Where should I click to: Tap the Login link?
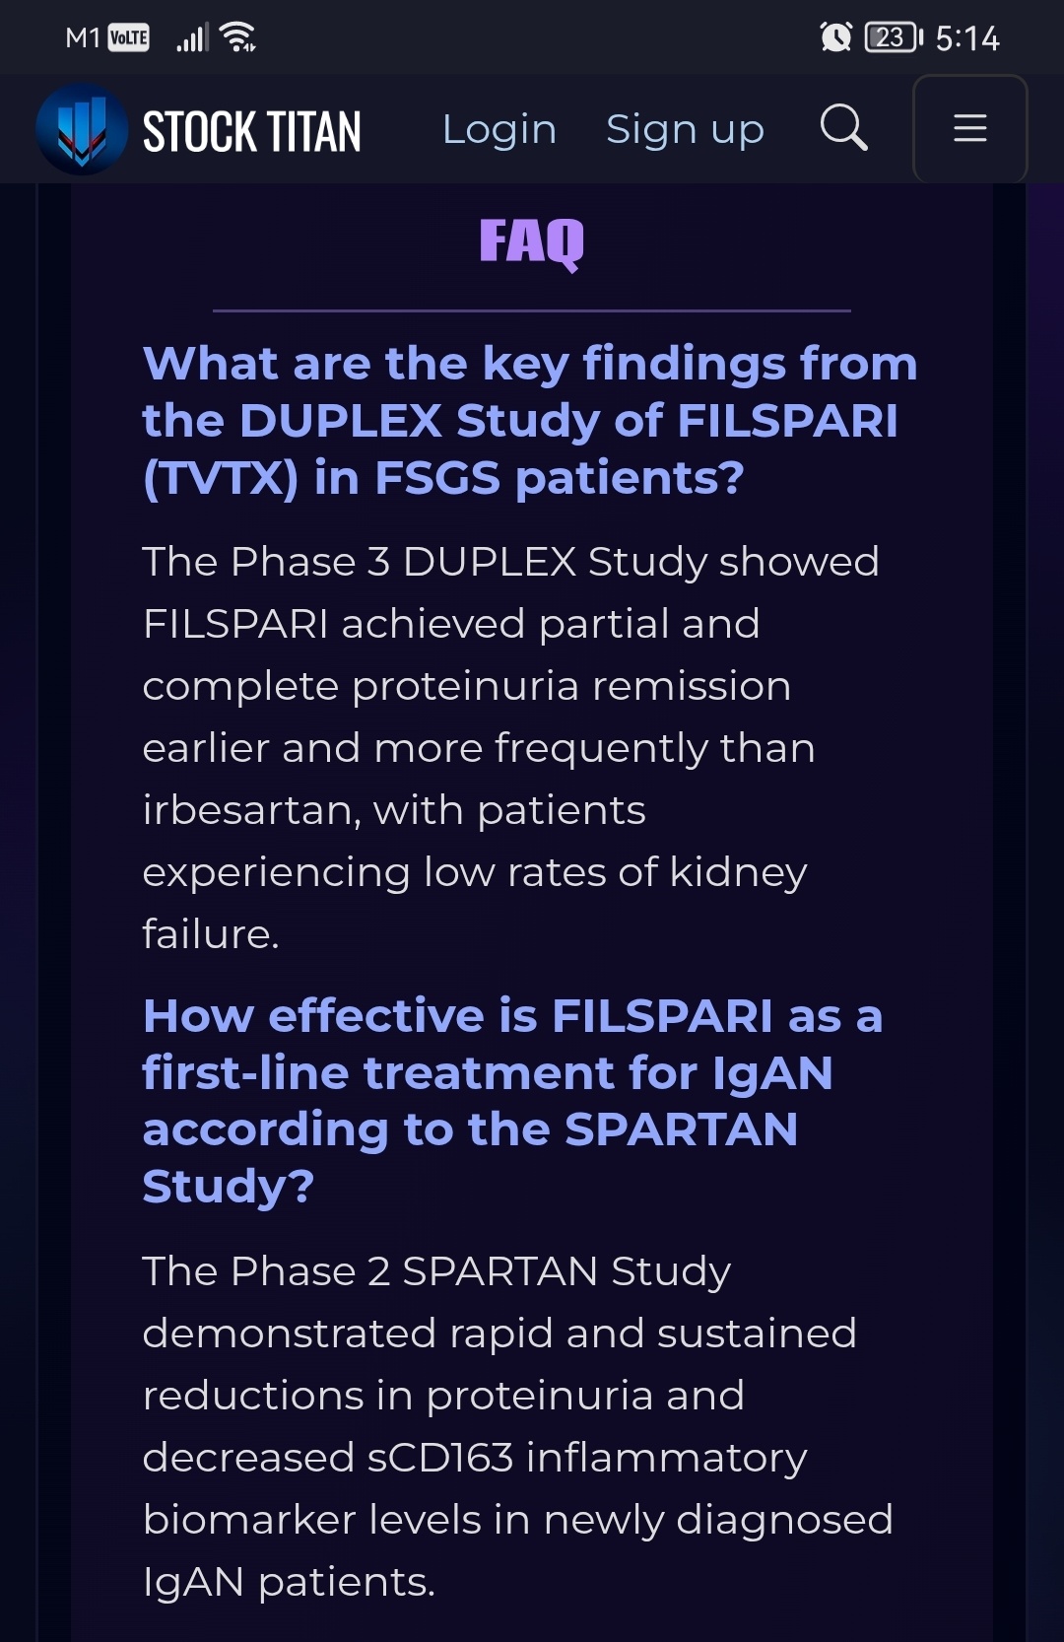[x=499, y=130]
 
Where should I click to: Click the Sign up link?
[x=685, y=130]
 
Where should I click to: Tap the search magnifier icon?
[x=843, y=127]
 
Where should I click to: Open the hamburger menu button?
[x=969, y=128]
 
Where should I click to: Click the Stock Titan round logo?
[x=82, y=128]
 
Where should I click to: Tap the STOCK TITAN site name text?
[x=251, y=132]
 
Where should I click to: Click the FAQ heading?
[x=531, y=242]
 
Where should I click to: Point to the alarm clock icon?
[x=835, y=36]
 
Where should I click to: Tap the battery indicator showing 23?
[x=894, y=37]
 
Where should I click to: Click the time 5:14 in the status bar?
[x=967, y=38]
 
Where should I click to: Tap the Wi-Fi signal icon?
[x=237, y=36]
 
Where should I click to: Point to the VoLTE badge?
[x=128, y=37]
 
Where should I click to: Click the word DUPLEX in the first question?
[x=341, y=421]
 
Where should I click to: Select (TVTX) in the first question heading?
[x=221, y=478]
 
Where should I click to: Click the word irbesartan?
[x=251, y=811]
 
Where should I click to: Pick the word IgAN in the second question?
[x=772, y=1074]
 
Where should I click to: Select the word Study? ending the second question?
[x=228, y=1186]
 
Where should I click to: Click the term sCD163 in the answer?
[x=439, y=1458]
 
